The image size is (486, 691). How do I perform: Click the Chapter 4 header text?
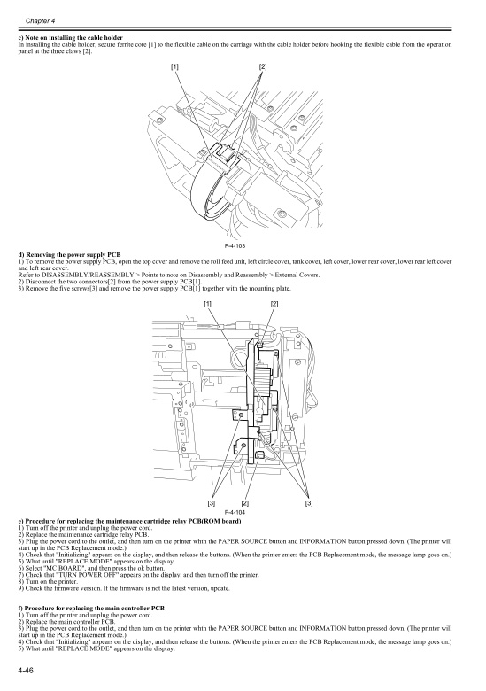click(40, 21)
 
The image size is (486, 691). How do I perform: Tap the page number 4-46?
click(26, 671)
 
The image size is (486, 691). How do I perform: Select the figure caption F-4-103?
click(235, 246)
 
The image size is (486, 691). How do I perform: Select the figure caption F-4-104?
click(235, 513)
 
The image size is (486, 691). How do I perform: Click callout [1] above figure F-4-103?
click(174, 67)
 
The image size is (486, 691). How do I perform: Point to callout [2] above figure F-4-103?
click(263, 67)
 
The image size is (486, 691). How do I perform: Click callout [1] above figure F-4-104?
click(208, 304)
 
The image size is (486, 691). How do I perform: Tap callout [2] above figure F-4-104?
click(274, 304)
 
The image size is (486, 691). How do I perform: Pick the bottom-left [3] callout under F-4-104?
click(212, 503)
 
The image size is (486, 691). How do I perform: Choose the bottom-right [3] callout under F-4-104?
click(309, 503)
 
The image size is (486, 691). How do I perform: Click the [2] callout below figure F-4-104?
click(245, 503)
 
